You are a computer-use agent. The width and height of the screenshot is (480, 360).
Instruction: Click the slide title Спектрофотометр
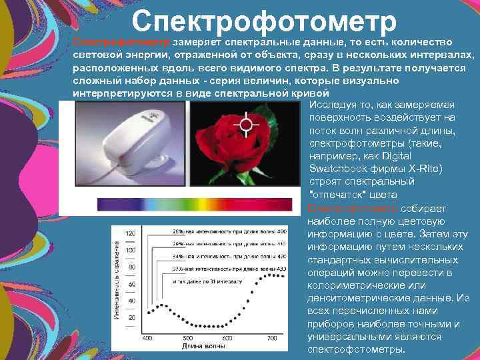point(264,20)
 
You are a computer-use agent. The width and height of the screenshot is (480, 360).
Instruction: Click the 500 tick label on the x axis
point(187,338)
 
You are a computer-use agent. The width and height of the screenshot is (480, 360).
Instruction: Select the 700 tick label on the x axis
point(272,338)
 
